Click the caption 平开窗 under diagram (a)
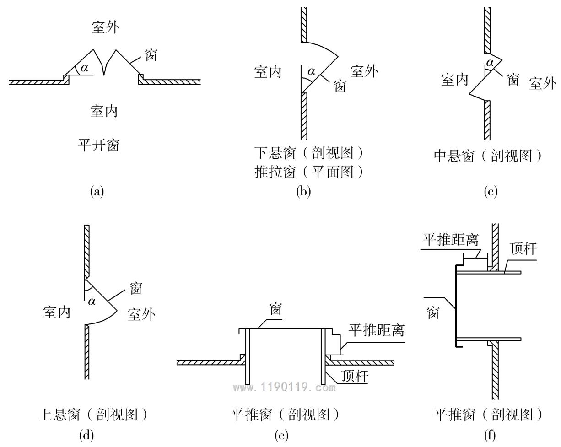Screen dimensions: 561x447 coord(98,145)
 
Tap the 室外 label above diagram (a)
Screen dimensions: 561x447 coord(106,27)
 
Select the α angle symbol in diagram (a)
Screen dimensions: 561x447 coord(85,68)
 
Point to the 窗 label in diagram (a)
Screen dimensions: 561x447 coord(151,55)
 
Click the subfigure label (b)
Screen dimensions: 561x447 coord(303,192)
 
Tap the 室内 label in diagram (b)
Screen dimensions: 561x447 coord(268,72)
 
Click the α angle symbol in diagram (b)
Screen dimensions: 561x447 coord(311,71)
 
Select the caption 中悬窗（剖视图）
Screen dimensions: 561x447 coord(488,156)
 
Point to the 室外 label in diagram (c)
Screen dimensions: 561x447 coord(543,83)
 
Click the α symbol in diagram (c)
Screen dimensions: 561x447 coord(490,63)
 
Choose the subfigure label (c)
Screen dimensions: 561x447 coord(491,192)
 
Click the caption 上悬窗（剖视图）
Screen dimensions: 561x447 coord(93,415)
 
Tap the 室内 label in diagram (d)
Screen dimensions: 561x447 coord(57,312)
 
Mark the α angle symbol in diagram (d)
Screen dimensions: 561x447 coord(92,302)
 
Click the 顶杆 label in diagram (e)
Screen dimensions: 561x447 coord(355,376)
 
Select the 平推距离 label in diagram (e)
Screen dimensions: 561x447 coord(376,330)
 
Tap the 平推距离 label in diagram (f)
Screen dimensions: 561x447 coord(450,240)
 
